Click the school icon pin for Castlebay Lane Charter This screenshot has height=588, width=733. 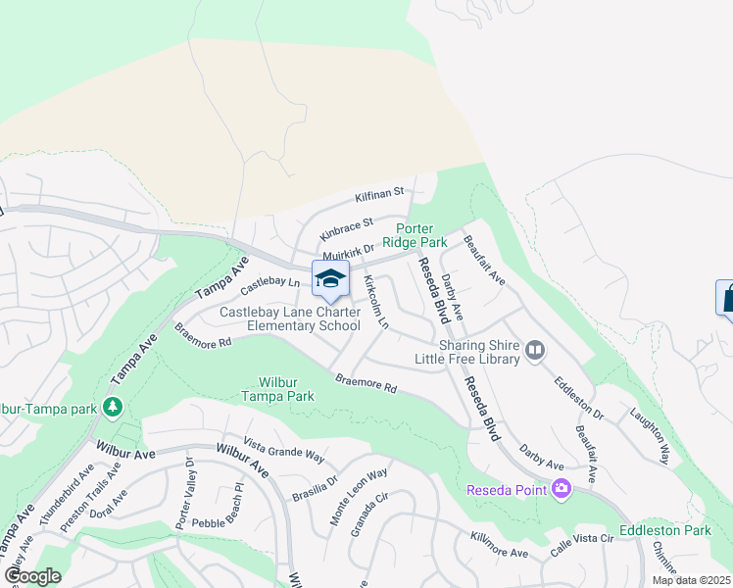coord(330,278)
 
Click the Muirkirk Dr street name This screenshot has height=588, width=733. coord(349,253)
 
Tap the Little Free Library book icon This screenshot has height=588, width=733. coord(535,350)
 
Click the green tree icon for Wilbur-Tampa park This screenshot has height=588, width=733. coord(115,406)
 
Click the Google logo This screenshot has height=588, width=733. coord(31,576)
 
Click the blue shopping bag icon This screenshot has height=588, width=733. coord(727,298)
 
